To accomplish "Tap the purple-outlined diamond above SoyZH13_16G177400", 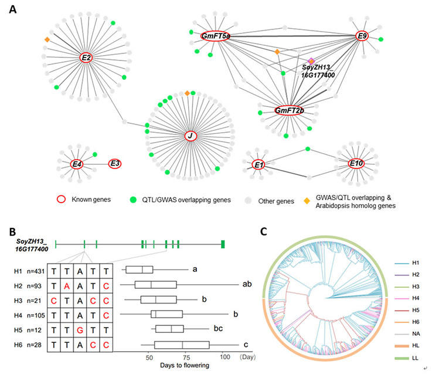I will tap(312, 61).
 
